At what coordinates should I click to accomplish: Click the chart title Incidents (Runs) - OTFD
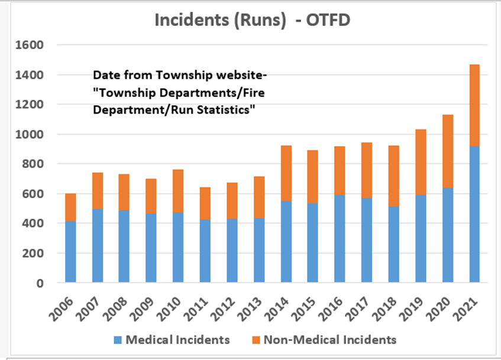(253, 20)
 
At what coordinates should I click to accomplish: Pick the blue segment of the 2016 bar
(340, 239)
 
